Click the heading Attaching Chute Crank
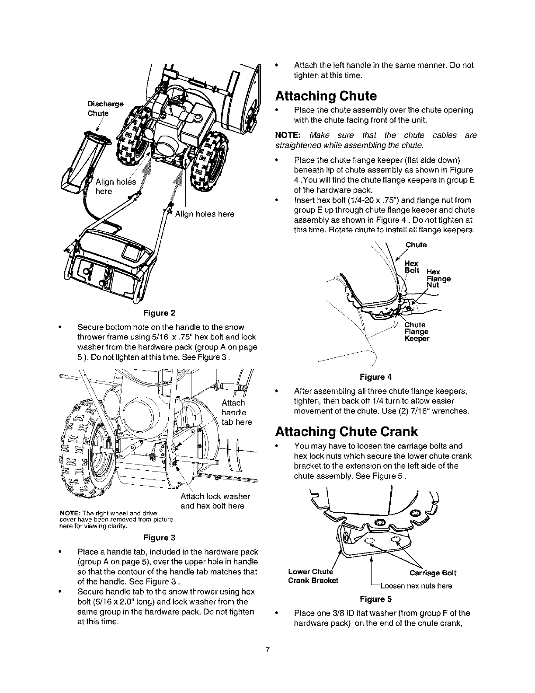[346, 432]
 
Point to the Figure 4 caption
[375, 377]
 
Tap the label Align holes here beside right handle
[205, 214]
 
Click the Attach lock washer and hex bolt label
[215, 501]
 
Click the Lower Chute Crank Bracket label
[313, 576]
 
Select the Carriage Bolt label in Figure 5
[433, 573]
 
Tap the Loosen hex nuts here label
[416, 586]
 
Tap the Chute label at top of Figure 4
[416, 245]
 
